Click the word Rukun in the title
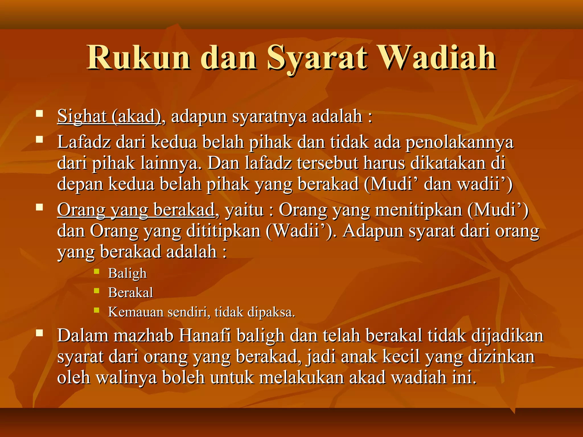(139, 57)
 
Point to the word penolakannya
(459, 142)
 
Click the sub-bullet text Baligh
(127, 273)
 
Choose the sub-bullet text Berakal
(130, 293)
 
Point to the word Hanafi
(205, 336)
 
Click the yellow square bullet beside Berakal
(97, 291)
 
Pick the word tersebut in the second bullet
(327, 163)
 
